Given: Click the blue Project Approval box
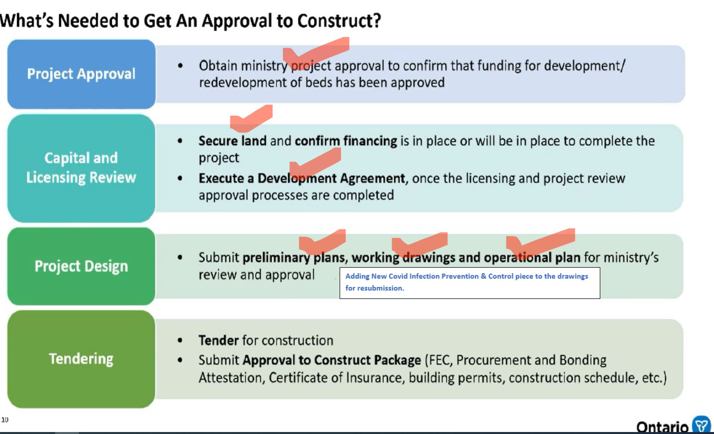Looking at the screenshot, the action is coord(81,74).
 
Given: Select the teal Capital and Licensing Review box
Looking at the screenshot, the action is coord(81,168).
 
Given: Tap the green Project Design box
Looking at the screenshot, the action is coord(81,266).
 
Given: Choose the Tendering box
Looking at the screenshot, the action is coord(81,359).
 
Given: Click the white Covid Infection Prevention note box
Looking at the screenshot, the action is coord(470,283).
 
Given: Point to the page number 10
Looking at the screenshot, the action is coord(5,420).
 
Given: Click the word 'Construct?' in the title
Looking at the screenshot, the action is coord(339,21).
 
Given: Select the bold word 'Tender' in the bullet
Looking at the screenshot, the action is coord(218,341).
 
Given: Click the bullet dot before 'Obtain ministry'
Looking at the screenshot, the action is coord(180,66).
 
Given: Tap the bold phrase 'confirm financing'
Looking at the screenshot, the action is coord(346,141).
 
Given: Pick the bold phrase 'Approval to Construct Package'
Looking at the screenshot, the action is coord(332,361).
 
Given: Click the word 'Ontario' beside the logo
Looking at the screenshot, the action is coord(662,427).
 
